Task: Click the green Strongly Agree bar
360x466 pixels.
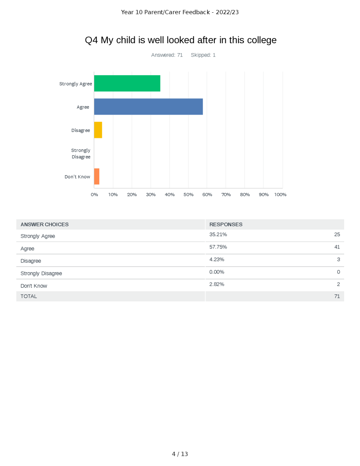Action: point(127,83)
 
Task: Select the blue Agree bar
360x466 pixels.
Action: point(148,106)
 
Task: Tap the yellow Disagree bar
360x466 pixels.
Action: point(98,130)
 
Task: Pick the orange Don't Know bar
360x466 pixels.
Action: point(96,176)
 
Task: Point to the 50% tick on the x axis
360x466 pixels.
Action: point(188,194)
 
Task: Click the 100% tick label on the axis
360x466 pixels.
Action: point(280,194)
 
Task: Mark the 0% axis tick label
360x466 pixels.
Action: point(94,194)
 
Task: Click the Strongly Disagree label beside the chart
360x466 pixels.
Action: point(81,153)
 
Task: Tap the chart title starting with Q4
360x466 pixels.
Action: point(181,40)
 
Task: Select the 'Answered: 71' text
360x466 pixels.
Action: point(167,55)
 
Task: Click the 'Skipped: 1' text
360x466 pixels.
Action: point(203,55)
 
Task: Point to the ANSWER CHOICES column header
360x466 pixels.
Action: point(45,224)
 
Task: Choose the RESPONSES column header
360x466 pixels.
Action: point(226,224)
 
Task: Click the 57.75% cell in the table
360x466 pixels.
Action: point(218,247)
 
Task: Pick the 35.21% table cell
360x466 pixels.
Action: point(218,235)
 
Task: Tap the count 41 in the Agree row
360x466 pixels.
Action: point(337,247)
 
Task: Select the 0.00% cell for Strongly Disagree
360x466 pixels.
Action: point(217,272)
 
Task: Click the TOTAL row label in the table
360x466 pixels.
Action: point(29,296)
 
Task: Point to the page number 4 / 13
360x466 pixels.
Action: point(180,454)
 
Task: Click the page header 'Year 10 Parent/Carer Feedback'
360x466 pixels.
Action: point(180,12)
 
